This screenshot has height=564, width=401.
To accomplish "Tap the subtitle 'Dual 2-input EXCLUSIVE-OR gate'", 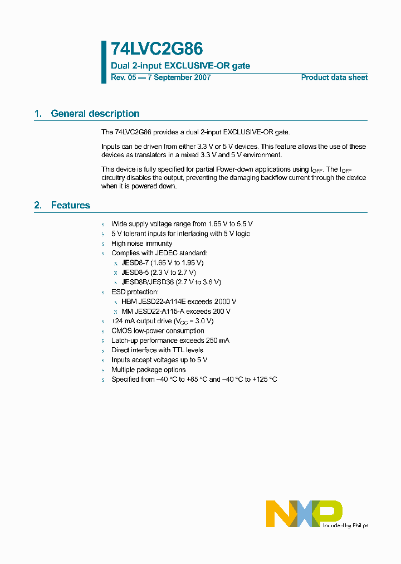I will coord(180,66).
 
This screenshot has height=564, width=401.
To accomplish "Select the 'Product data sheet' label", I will coord(334,77).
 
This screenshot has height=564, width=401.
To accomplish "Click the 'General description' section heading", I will coord(95,114).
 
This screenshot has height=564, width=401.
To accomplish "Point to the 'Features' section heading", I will coord(70,206).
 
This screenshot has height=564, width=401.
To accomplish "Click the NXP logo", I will coord(304,513).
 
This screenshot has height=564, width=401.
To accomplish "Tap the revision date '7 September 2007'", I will coord(178,77).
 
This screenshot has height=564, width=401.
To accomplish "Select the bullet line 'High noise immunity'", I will coord(141,244).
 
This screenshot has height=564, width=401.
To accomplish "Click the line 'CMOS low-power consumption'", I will coord(158,331).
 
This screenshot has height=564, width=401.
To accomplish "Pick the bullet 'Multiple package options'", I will coord(148,370).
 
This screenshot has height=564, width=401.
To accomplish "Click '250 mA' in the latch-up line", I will coord(217,341).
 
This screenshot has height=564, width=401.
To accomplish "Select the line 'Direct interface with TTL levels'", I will coord(157,351).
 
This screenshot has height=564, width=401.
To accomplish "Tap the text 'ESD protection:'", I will coord(135,292).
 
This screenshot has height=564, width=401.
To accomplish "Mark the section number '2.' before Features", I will coord(38,206).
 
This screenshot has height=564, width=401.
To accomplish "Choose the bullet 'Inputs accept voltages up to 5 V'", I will coord(159,360).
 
